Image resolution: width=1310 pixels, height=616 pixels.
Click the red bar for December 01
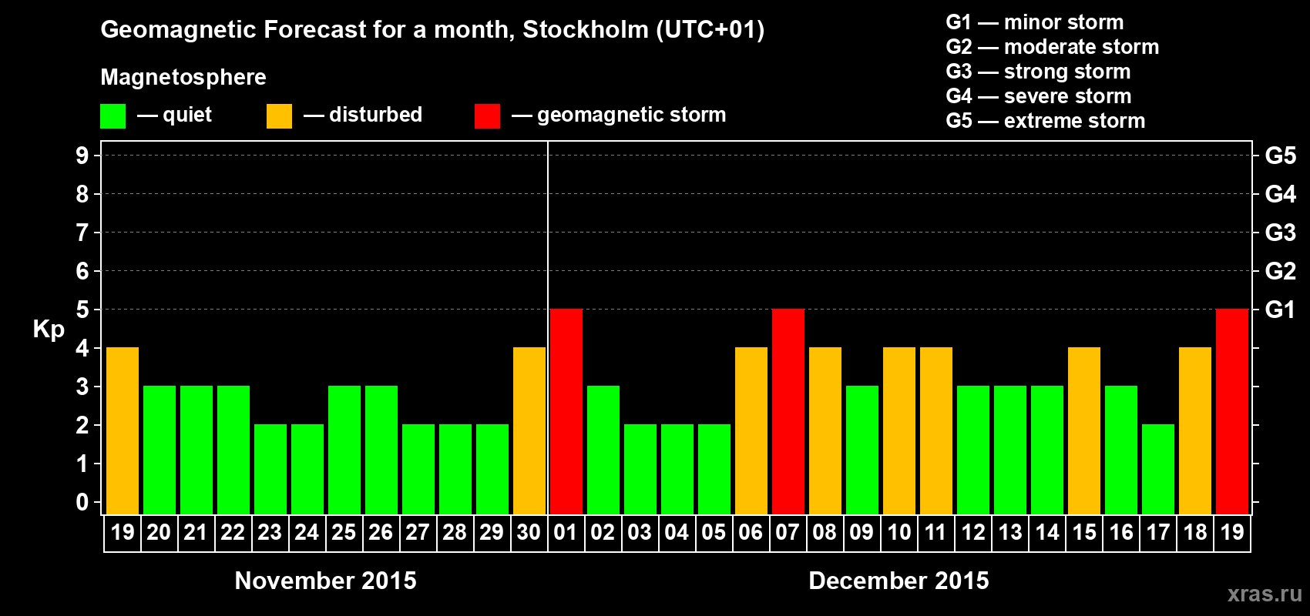click(566, 411)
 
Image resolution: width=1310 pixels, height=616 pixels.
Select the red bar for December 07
click(788, 411)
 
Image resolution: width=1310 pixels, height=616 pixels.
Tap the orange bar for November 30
click(529, 430)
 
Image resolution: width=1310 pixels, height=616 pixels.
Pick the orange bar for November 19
click(123, 430)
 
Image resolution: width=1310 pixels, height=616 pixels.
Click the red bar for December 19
click(1232, 411)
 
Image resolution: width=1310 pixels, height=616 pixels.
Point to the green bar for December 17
click(1158, 469)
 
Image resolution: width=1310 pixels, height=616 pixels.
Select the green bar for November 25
click(344, 450)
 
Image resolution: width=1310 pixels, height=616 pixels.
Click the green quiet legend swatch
click(113, 116)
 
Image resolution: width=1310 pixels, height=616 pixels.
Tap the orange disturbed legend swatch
click(279, 116)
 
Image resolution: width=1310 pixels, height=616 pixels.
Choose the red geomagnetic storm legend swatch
click(487, 116)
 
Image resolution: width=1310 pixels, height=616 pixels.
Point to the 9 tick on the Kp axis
click(82, 156)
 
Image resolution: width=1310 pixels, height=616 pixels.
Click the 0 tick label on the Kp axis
click(82, 502)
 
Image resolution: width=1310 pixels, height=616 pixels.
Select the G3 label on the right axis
click(1280, 233)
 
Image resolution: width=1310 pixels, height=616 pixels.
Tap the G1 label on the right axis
click(1280, 310)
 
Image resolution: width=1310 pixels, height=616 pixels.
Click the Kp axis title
click(49, 329)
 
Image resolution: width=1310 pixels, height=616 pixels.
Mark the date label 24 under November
click(307, 532)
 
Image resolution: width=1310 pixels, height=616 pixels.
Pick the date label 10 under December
click(899, 532)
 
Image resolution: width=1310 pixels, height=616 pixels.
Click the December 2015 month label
click(899, 581)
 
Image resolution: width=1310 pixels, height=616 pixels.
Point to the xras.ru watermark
click(1265, 594)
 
